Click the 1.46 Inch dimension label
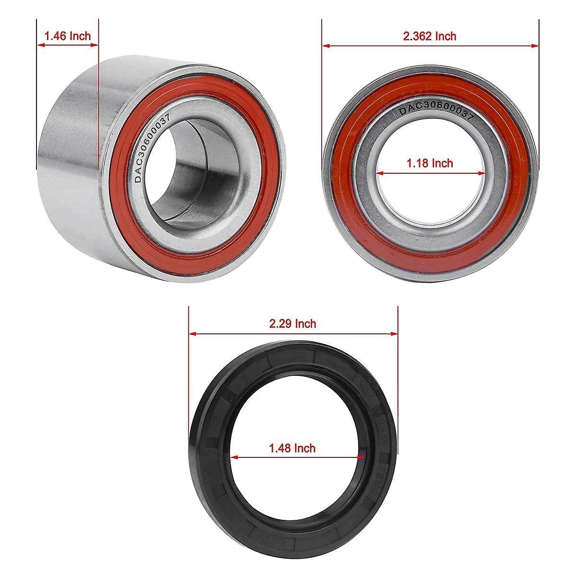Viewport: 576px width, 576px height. click(x=67, y=36)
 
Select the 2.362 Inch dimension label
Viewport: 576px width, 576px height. click(x=430, y=36)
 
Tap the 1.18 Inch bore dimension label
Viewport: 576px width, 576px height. click(x=430, y=163)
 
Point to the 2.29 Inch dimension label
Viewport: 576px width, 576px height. click(x=293, y=324)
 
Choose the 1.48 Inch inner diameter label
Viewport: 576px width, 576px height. click(x=292, y=448)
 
